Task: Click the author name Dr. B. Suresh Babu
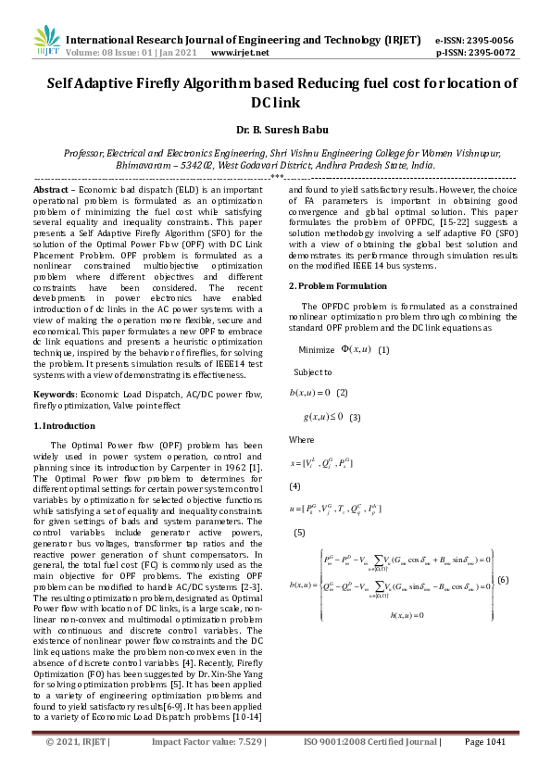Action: pyautogui.click(x=275, y=132)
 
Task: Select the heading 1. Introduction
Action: pyautogui.click(x=64, y=425)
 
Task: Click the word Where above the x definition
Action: pyautogui.click(x=301, y=439)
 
